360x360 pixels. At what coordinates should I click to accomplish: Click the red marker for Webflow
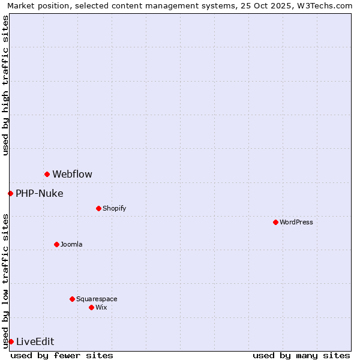[47, 174]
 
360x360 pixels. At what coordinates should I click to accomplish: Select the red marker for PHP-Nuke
[10, 193]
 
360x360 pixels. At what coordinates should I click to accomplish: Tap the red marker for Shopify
[98, 208]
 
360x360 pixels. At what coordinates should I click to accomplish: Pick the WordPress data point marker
[275, 222]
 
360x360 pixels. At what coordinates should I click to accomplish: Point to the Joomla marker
[56, 244]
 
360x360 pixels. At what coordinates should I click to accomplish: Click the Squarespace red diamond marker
[72, 299]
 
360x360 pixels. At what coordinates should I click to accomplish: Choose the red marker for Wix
[91, 307]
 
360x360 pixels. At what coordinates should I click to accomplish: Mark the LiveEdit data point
[11, 341]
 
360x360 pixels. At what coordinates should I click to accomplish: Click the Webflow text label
[72, 175]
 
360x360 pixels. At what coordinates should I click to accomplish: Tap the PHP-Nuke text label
[39, 193]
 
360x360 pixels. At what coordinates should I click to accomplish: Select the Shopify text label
[114, 208]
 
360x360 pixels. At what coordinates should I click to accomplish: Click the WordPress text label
[296, 222]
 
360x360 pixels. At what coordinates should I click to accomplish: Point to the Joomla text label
[71, 244]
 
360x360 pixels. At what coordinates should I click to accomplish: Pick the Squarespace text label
[97, 299]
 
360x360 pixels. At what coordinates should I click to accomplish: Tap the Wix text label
[101, 307]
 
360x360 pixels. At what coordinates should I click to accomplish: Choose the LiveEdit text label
[35, 342]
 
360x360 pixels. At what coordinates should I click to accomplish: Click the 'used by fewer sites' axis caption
[62, 355]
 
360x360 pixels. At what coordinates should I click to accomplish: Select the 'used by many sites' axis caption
[301, 355]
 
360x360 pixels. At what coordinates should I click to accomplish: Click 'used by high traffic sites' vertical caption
[5, 85]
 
